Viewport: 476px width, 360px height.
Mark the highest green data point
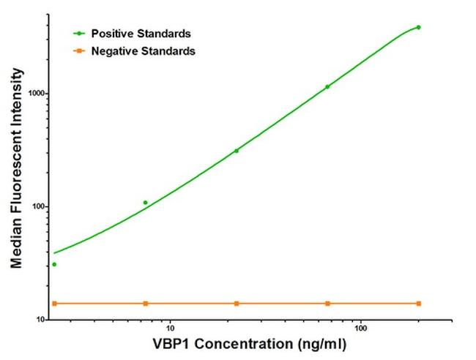pyautogui.click(x=418, y=28)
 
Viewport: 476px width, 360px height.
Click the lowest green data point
pyautogui.click(x=54, y=264)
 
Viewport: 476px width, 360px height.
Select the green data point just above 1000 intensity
pyautogui.click(x=327, y=87)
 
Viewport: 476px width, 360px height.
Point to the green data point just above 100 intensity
pyautogui.click(x=145, y=203)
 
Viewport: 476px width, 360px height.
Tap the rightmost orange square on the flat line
pyautogui.click(x=418, y=303)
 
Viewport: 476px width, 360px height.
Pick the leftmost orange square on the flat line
pyautogui.click(x=54, y=303)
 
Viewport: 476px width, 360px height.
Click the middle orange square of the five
pyautogui.click(x=237, y=303)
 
